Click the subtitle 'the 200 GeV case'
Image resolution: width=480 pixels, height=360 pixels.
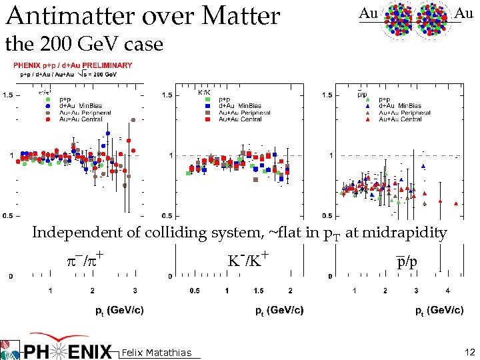pyautogui.click(x=84, y=45)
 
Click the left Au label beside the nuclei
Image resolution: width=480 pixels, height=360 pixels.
pyautogui.click(x=368, y=13)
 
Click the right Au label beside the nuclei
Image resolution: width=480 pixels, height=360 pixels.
pyautogui.click(x=464, y=13)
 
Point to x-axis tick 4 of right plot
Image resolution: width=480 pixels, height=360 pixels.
pyautogui.click(x=447, y=291)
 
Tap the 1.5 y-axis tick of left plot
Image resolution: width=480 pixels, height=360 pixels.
pyautogui.click(x=9, y=95)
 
